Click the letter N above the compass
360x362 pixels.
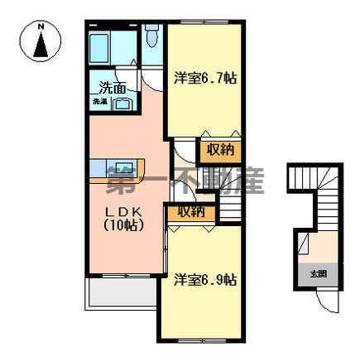[41, 27]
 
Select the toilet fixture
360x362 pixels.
[152, 36]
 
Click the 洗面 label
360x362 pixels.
[113, 87]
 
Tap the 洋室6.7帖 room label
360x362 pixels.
[205, 79]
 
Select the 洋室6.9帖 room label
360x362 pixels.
[205, 280]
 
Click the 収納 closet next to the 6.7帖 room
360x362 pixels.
[219, 150]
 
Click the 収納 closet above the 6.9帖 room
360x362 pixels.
[190, 211]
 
